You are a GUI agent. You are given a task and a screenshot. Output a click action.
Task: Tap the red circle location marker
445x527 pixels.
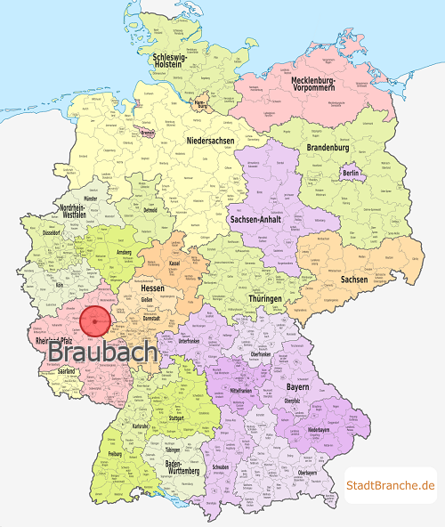point(94,321)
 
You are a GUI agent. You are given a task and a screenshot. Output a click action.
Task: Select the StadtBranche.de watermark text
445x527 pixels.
point(390,484)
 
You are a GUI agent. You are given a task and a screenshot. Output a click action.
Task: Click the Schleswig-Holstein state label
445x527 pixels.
point(175,61)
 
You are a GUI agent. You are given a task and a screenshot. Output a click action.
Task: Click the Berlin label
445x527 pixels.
point(350,173)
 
